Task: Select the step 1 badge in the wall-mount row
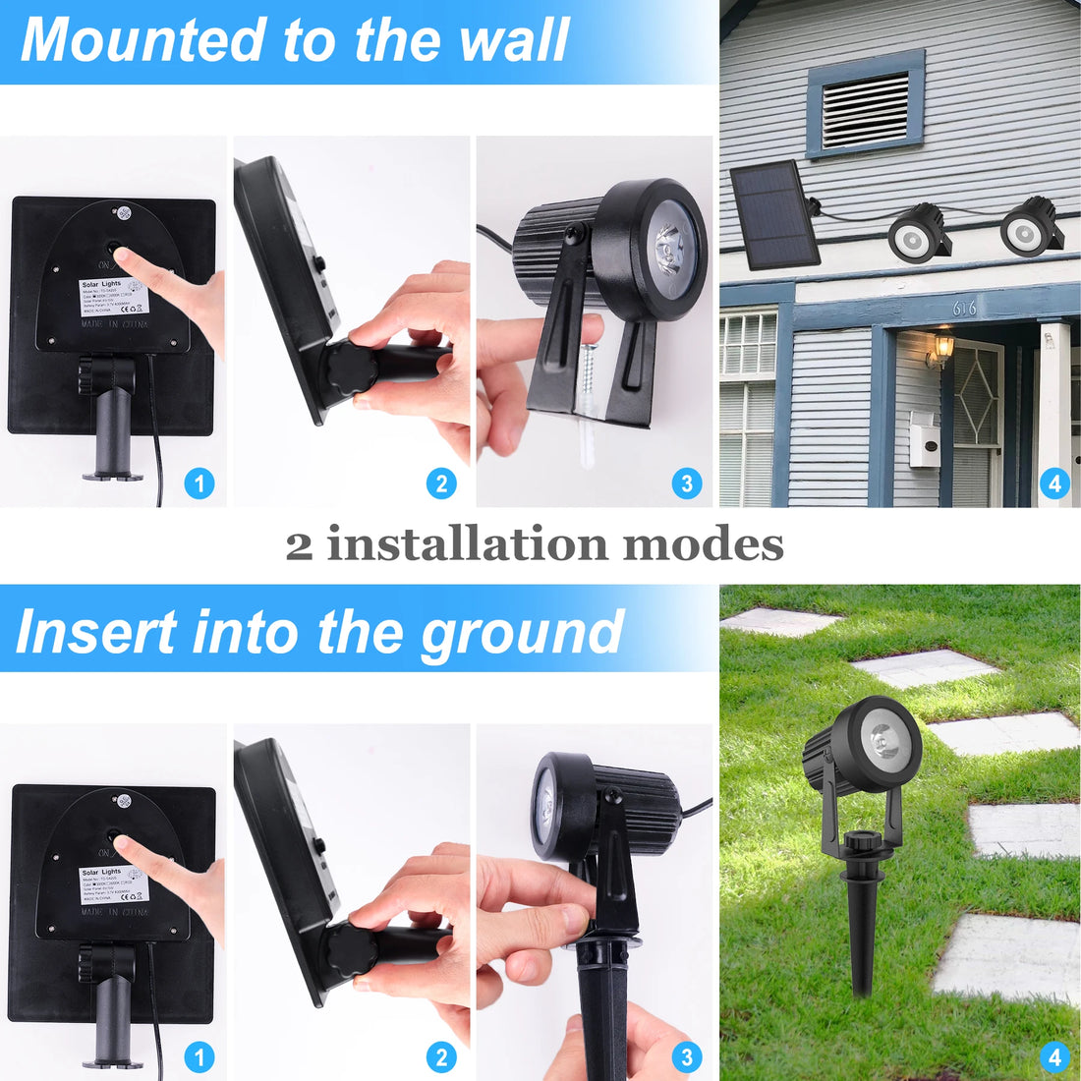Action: tap(199, 483)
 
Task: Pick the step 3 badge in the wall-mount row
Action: tap(686, 483)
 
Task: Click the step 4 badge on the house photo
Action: tap(1054, 483)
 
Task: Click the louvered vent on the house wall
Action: tap(865, 107)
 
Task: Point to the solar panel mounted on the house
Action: tap(774, 214)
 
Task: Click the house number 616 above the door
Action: tap(964, 309)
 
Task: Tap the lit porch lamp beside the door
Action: tap(942, 347)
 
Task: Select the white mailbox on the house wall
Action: tap(924, 438)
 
